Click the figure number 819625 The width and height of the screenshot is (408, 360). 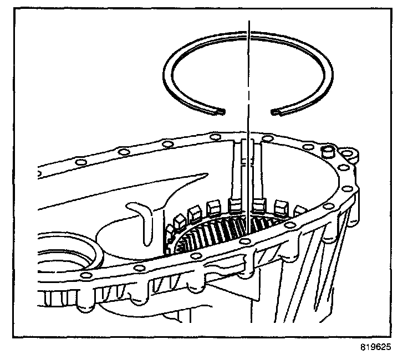375,349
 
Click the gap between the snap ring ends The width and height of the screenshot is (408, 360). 248,112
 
